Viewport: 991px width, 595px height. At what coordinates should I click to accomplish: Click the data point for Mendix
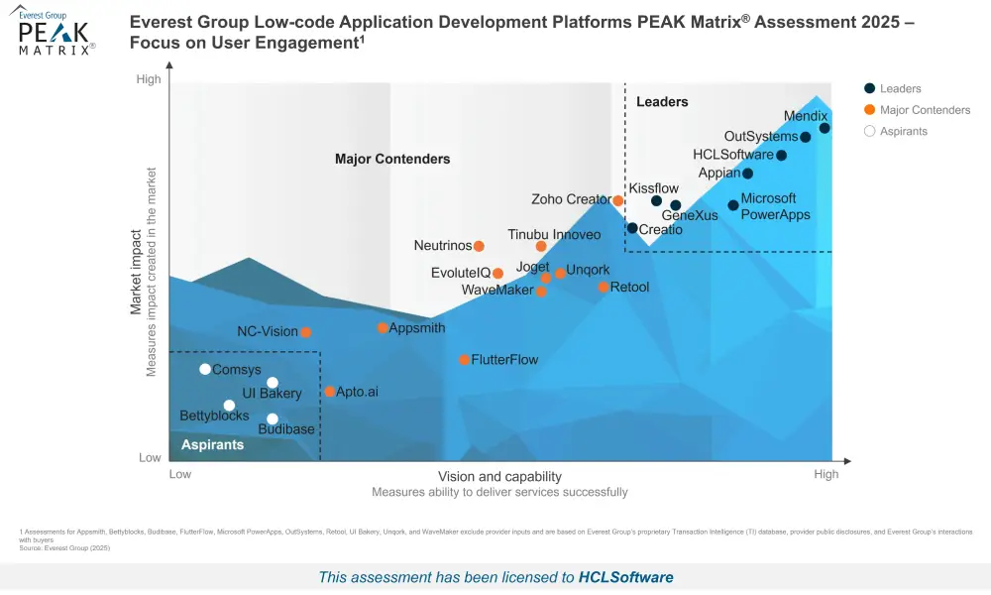825,128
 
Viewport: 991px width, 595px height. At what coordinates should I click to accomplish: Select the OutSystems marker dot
805,137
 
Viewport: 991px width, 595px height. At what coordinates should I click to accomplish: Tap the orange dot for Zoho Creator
618,200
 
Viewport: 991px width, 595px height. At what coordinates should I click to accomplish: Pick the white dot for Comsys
205,369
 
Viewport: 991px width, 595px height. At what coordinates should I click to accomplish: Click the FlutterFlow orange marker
464,359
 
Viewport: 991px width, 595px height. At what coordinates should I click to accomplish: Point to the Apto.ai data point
329,392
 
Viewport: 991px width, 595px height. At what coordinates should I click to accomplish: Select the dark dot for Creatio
632,228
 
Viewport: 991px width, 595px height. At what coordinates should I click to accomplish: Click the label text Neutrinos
442,246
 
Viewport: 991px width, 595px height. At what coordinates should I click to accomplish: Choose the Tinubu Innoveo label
554,234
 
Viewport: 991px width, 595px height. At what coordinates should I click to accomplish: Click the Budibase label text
286,429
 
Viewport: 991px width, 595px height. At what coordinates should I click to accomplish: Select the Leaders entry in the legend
900,89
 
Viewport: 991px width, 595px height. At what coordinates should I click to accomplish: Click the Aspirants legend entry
903,131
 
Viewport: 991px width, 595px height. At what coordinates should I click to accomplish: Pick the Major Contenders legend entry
925,110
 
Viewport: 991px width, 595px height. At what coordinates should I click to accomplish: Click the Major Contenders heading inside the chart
392,159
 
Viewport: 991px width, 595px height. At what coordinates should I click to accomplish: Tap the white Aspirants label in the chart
212,445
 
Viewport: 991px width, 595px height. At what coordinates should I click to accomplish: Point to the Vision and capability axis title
499,476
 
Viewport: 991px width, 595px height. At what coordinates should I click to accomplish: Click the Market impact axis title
137,270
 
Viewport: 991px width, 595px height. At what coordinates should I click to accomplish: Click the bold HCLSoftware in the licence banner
625,577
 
